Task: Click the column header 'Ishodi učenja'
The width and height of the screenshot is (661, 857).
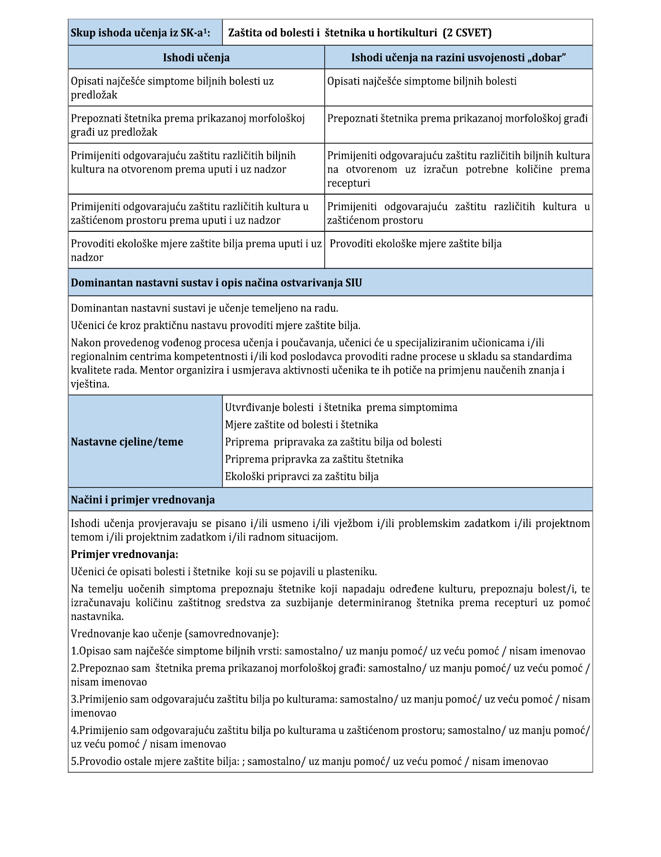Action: point(196,58)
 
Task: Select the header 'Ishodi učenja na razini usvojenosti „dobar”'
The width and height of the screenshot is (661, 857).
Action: point(458,58)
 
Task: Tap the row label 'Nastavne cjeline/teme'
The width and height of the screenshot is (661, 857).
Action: point(127,442)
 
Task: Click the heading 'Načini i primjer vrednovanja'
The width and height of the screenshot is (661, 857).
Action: point(143,500)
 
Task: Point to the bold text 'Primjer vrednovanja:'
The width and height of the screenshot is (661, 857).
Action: point(124,555)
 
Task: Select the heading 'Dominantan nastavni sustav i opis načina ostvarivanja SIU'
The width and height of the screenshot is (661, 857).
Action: point(216,283)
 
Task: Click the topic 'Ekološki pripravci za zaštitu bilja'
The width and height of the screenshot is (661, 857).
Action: point(301,476)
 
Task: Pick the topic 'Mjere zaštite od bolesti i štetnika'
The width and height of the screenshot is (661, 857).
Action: point(301,425)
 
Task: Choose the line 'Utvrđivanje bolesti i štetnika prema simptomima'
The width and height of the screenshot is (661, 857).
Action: point(341,408)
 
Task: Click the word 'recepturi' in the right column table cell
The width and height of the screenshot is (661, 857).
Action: point(348,184)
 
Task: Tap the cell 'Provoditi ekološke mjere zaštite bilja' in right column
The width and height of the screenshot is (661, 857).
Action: point(415,244)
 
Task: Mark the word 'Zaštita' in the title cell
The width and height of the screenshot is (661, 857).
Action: point(245,33)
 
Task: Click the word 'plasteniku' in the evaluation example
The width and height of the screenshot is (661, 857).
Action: point(352,572)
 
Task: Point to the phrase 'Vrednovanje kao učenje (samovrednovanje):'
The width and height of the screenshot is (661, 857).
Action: point(175,634)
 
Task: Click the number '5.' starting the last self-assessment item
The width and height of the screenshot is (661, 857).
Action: point(75,762)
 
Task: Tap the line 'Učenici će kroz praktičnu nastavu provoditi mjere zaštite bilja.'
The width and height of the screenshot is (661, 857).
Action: point(216,326)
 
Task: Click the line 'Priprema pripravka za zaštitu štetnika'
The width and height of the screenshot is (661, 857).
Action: point(314,459)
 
